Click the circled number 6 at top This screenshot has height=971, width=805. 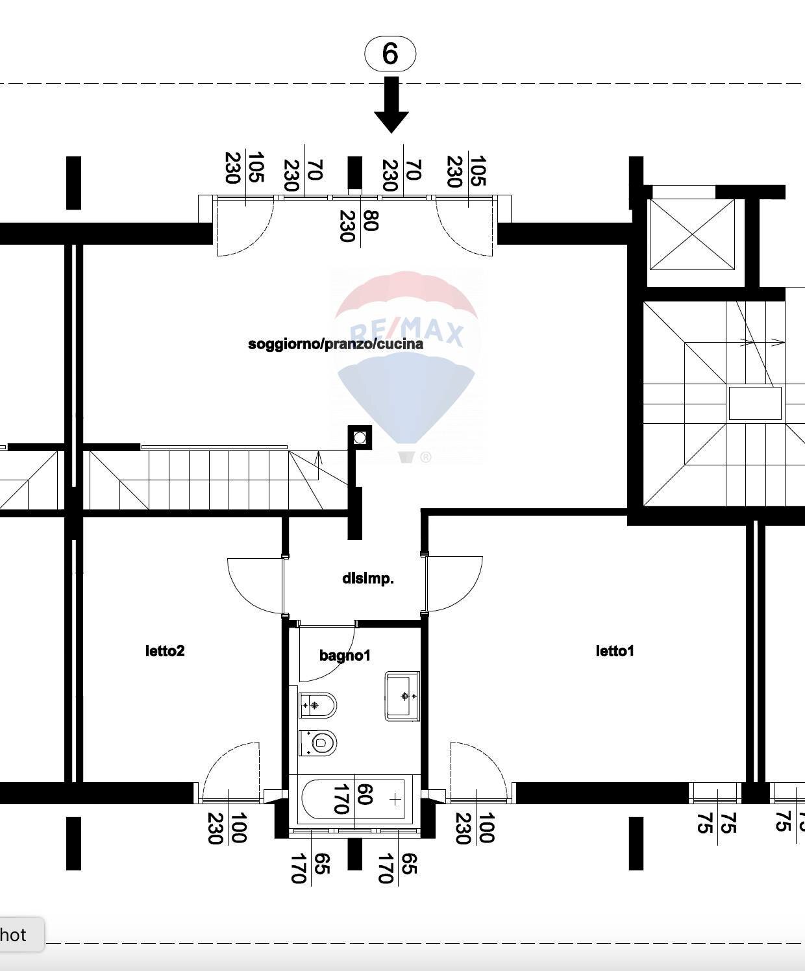[390, 53]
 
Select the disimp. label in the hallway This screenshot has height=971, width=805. [367, 578]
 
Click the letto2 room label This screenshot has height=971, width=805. [165, 650]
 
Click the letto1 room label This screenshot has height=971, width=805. [614, 650]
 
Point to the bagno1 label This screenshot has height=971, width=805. [345, 656]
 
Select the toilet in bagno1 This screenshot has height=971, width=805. [319, 743]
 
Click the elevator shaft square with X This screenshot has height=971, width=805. [692, 234]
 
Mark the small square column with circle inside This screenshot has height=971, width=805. [360, 437]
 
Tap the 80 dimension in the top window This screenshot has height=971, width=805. [371, 221]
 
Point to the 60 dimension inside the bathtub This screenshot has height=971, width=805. [365, 794]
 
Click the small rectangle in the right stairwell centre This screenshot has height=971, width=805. [754, 404]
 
